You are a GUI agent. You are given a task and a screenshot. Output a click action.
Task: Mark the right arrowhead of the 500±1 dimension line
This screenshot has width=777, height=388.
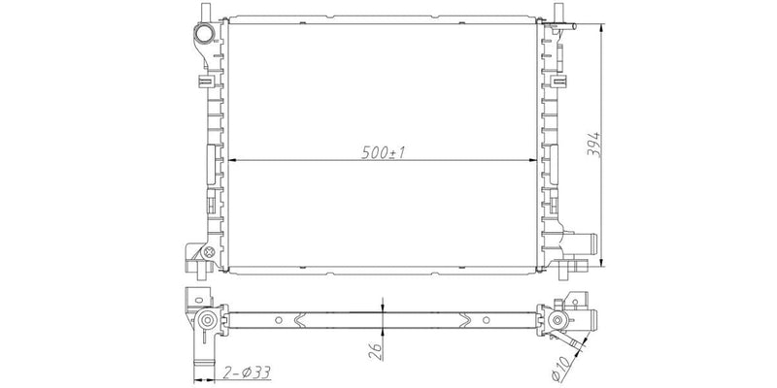point(531,161)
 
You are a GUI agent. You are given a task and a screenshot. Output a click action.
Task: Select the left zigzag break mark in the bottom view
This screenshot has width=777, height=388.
point(304,320)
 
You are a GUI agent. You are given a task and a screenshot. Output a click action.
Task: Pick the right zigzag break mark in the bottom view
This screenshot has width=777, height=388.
point(469,320)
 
